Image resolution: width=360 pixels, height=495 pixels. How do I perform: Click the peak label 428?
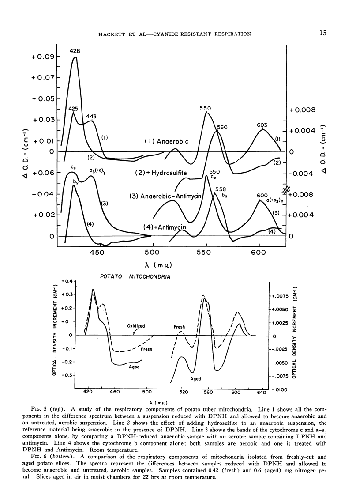[75, 51]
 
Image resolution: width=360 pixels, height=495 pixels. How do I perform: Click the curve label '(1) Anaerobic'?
[166, 141]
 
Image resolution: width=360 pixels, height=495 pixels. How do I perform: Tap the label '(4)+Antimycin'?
[164, 227]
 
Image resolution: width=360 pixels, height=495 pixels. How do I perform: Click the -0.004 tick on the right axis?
[300, 174]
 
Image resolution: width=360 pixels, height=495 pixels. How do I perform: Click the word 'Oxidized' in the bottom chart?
[136, 326]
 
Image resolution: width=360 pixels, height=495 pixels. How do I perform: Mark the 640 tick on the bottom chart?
[262, 392]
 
